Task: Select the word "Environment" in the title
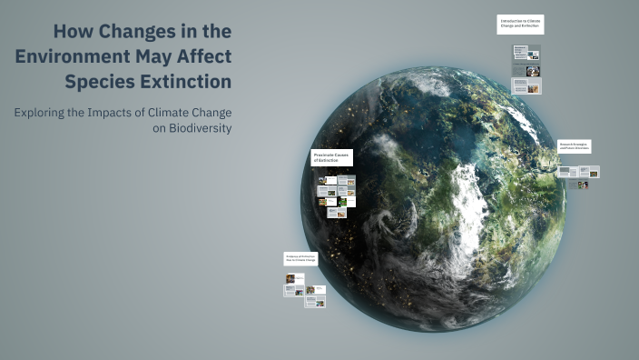point(74,56)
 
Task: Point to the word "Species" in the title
point(94,82)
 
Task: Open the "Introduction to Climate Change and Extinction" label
point(520,25)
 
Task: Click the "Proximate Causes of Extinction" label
point(331,158)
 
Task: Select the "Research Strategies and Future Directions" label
point(574,146)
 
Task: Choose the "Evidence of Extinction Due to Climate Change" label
point(300,260)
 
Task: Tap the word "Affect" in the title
point(207,56)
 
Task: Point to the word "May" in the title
point(157,56)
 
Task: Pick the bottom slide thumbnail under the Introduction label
point(526,86)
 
